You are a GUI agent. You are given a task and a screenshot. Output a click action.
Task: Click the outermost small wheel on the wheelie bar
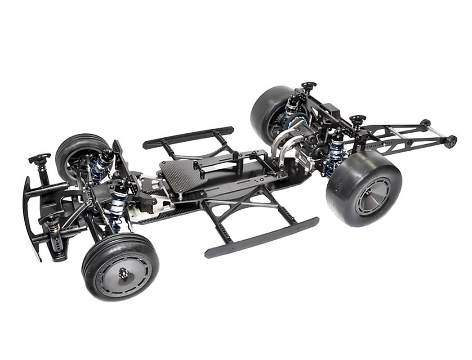point(450,141)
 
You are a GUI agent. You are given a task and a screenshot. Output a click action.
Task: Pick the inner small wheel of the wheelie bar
point(425,123)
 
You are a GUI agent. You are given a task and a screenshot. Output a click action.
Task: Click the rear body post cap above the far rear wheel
point(309,85)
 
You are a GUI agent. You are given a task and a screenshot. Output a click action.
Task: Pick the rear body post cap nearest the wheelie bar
point(358,120)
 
